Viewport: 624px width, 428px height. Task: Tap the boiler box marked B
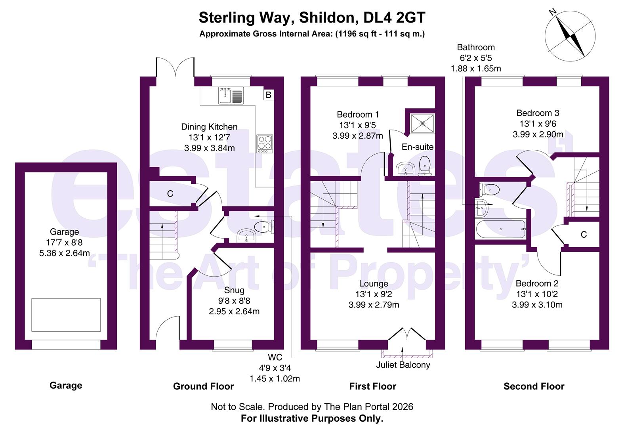pos(269,95)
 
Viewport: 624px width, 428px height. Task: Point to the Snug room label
pos(234,290)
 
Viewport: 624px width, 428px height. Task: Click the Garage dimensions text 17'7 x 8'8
pos(65,243)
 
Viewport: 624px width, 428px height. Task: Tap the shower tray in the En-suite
pos(423,123)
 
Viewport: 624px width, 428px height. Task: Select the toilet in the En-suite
pos(425,165)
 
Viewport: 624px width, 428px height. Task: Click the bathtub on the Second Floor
pos(501,229)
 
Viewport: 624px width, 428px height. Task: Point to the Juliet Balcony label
pos(403,365)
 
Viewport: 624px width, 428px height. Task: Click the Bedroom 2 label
pos(537,283)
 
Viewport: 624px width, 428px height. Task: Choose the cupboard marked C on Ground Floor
pos(170,194)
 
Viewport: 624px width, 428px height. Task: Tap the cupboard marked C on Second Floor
pos(583,235)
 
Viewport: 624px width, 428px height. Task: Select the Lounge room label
pos(374,284)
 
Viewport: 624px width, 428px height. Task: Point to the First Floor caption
pos(372,386)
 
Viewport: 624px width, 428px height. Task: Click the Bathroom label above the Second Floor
pos(476,47)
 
